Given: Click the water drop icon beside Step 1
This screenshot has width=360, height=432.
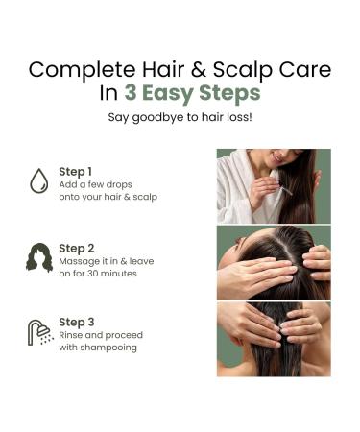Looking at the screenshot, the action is tap(39, 180).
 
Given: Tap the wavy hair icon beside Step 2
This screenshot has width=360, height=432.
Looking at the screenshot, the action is tap(39, 258).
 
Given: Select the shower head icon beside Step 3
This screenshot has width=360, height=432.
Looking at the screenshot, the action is tap(40, 332).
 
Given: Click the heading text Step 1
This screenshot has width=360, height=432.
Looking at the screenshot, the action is tap(76, 172).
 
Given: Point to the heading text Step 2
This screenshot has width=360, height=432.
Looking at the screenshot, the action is tap(77, 249).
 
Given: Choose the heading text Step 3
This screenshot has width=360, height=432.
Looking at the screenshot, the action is tap(77, 323).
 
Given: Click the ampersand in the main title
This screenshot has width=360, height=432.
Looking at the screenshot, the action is tap(199, 69).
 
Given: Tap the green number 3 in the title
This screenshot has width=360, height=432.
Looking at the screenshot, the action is tap(131, 93).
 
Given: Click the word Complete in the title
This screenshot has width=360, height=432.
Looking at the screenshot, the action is tap(82, 70).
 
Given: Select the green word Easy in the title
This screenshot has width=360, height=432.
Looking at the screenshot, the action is tap(168, 94).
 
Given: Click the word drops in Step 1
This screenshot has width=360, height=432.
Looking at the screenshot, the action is tap(119, 184).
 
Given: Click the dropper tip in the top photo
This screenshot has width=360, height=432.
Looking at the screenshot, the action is tap(290, 193).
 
